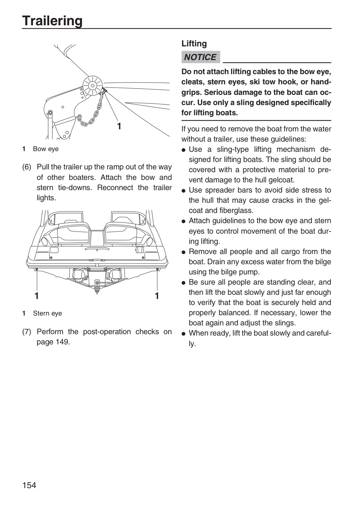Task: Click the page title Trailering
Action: (52, 21)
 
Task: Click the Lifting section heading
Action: (194, 43)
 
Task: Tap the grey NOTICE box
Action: (201, 57)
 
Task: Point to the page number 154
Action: (29, 485)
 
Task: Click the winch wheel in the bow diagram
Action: (93, 86)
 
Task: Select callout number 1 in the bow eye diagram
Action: (119, 126)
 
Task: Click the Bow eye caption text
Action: (46, 149)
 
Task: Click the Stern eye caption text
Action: (47, 313)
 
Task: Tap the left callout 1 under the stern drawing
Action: (37, 296)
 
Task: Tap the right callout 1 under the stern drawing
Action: (157, 296)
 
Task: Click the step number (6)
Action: (26, 167)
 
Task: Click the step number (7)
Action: (26, 332)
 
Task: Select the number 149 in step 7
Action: (62, 342)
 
